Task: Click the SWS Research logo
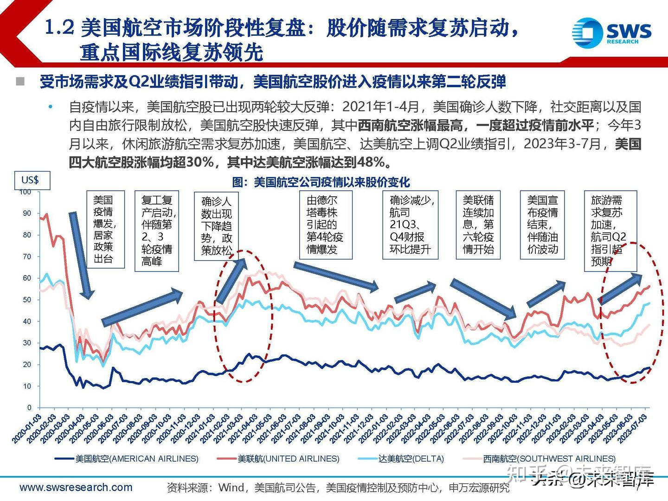click(611, 32)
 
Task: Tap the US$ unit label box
click(30, 180)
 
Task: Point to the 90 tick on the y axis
click(27, 213)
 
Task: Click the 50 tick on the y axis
click(27, 300)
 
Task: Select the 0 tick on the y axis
click(29, 408)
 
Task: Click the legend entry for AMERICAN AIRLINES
click(126, 459)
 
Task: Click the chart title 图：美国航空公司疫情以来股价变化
click(321, 182)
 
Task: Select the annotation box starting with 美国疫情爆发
click(106, 229)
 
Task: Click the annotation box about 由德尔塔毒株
click(325, 225)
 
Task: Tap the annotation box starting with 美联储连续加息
click(478, 225)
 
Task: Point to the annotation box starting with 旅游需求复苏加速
click(610, 231)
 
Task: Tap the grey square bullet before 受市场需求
click(20, 82)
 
